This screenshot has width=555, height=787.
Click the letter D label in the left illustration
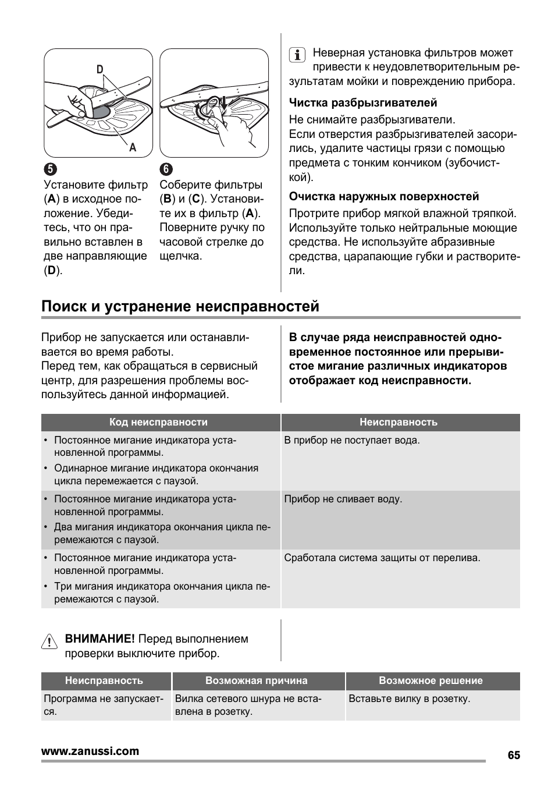point(100,69)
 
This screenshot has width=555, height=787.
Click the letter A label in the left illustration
point(133,147)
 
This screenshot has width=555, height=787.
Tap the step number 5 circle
point(50,169)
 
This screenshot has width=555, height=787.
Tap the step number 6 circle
point(166,169)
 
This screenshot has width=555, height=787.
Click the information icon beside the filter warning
point(297,55)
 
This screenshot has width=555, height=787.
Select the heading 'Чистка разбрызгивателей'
point(363,103)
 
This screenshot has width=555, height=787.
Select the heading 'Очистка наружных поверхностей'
point(384,197)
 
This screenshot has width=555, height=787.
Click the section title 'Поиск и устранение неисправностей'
point(180,306)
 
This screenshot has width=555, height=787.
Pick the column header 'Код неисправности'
point(158,422)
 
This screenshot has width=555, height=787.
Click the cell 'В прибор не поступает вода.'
point(351,440)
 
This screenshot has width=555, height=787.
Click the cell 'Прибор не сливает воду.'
point(343,499)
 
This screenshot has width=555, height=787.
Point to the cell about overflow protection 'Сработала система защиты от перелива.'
point(382,558)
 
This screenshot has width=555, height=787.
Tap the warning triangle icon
point(50,642)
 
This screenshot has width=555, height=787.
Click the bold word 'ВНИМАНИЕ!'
point(99,639)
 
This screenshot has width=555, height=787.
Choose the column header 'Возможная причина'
point(256,680)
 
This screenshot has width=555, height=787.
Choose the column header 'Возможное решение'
point(431,680)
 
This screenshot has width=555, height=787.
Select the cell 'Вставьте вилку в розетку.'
point(409,699)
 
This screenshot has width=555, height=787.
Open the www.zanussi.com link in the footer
point(90,751)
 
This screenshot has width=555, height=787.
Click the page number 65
point(513,755)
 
